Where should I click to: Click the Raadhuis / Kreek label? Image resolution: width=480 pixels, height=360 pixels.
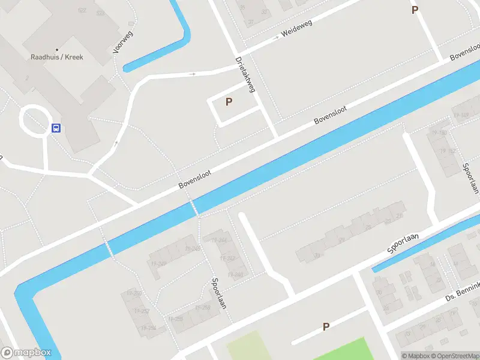click(x=57, y=58)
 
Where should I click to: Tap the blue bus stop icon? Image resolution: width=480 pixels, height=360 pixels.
click(x=56, y=128)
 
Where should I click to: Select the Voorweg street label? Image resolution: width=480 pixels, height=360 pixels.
click(x=123, y=41)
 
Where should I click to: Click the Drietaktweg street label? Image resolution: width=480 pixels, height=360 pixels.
click(x=245, y=74)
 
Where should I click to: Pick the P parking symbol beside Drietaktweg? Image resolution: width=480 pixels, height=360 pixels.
click(x=229, y=102)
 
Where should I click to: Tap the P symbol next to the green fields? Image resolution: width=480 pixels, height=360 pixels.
click(x=326, y=327)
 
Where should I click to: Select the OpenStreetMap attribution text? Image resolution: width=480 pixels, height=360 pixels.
click(x=454, y=356)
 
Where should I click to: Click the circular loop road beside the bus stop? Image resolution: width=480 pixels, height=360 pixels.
click(x=34, y=119)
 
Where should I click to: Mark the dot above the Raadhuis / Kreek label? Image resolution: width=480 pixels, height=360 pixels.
click(x=57, y=50)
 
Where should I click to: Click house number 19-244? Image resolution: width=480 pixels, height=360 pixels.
click(x=219, y=241)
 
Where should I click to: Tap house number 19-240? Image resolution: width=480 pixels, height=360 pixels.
click(x=235, y=275)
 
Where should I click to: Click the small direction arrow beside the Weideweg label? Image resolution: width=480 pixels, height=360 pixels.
click(x=275, y=38)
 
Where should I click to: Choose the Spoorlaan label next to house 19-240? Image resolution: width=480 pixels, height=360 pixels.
click(x=219, y=293)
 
